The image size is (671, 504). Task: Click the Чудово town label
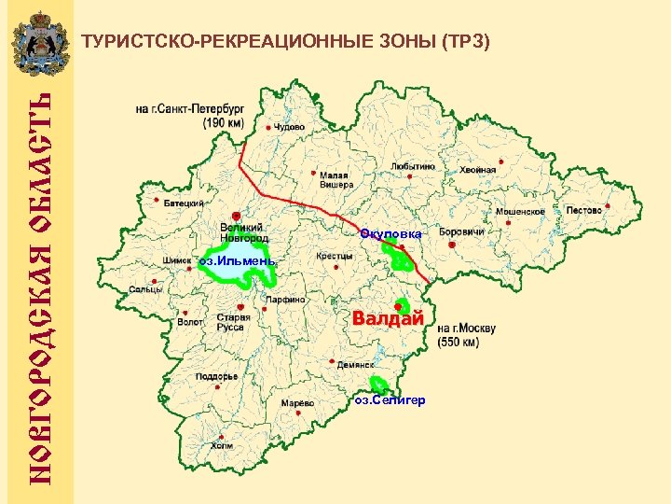tap(288, 126)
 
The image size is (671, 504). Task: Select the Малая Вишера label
tap(336, 179)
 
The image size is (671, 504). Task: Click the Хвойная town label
tap(477, 170)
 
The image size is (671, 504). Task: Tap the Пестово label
tap(584, 211)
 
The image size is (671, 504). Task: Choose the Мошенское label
tap(519, 212)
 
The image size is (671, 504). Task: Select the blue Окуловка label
tap(391, 232)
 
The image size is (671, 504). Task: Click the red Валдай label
tap(388, 319)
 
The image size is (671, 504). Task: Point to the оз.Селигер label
tap(390, 399)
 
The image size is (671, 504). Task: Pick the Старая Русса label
tap(231, 322)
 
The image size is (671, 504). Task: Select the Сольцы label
tap(145, 289)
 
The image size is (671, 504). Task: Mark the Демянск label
tap(355, 365)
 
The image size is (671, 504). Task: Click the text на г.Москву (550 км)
tap(466, 335)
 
